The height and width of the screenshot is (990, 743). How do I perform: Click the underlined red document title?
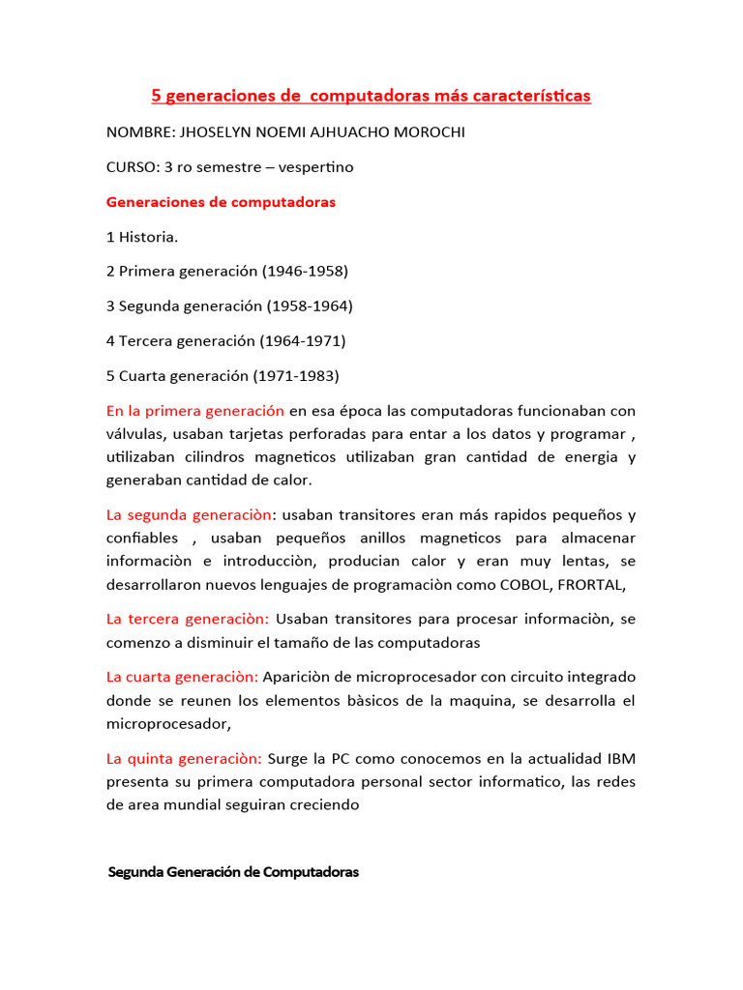pos(371,96)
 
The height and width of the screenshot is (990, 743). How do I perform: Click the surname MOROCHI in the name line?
pos(424,132)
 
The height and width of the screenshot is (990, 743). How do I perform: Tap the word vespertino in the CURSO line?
pos(316,167)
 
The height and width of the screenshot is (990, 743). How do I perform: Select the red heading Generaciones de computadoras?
pos(221,202)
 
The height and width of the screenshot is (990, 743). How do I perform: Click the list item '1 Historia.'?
pos(142,237)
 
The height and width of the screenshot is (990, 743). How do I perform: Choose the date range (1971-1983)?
pos(296,376)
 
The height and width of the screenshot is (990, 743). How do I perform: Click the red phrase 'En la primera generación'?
pos(195,411)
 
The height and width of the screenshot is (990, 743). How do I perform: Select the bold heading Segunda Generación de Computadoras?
pos(233,872)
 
